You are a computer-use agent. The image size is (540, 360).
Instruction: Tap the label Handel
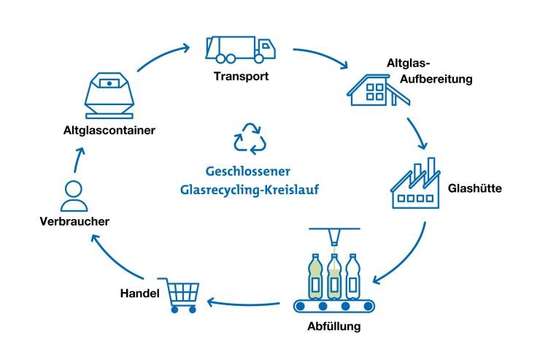point(136,294)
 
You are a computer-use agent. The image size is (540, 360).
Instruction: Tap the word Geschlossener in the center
point(248,172)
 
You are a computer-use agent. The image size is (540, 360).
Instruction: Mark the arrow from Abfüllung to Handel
point(244,300)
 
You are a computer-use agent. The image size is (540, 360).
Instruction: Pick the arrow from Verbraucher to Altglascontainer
point(79,157)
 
